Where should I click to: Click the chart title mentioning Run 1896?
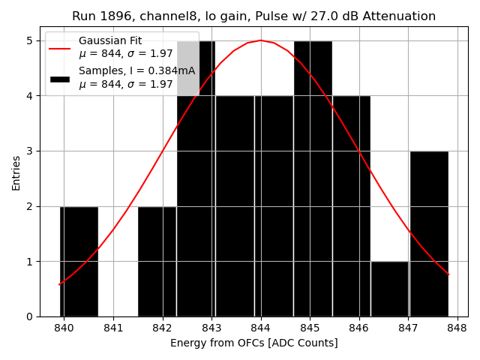(253, 16)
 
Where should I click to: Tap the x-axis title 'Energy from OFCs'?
(253, 343)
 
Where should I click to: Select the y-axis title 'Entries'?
(16, 172)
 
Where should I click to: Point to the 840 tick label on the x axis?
(64, 328)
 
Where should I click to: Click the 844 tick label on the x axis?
(261, 328)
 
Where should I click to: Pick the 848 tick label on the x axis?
(457, 328)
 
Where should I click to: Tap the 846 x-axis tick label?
(359, 328)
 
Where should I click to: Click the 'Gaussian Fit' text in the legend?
(110, 40)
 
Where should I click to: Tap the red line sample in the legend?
(60, 47)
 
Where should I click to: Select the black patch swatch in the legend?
(60, 78)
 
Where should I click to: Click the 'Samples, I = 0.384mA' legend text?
(136, 71)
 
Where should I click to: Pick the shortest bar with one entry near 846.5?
(389, 289)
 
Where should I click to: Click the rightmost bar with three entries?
(429, 233)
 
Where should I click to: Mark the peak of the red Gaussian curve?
(261, 40)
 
